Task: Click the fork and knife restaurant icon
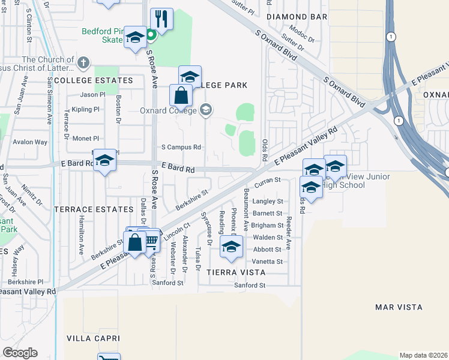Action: pyautogui.click(x=160, y=19)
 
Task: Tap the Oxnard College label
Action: pyautogui.click(x=168, y=110)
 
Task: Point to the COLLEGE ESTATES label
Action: pyautogui.click(x=93, y=80)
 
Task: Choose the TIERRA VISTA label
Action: pyautogui.click(x=236, y=272)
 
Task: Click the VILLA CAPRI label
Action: pyautogui.click(x=90, y=338)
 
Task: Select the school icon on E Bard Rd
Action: pyautogui.click(x=104, y=160)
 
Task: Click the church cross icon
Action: pyautogui.click(x=83, y=61)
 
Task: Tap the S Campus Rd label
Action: pyautogui.click(x=181, y=147)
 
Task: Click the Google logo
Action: pyautogui.click(x=20, y=353)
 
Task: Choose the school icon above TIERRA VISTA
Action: pyautogui.click(x=231, y=247)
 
